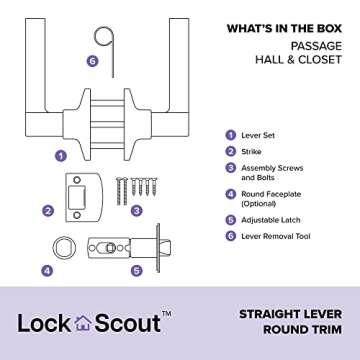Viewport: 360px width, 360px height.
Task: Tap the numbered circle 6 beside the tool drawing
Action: point(92,61)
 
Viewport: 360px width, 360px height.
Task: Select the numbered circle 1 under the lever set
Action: point(62,155)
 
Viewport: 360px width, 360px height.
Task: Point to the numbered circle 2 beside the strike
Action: point(47,211)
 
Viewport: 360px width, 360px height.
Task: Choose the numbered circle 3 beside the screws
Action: point(137,211)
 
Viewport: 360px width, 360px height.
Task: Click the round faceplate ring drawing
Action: point(63,247)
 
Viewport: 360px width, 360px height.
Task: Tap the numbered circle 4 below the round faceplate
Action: point(47,270)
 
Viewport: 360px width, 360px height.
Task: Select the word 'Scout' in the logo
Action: point(125,323)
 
